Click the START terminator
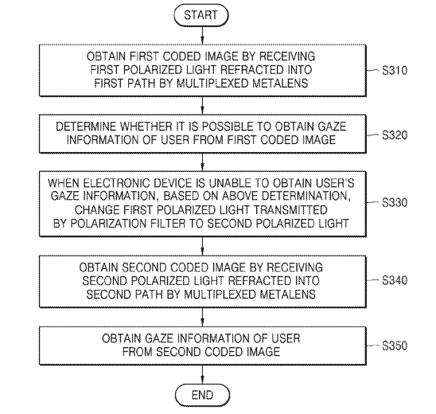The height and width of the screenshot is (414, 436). pos(201,15)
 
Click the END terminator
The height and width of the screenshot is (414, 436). pos(202,395)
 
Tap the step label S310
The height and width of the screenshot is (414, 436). pos(395,70)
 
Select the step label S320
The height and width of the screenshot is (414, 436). pos(395,135)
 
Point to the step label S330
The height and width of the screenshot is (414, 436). pos(395,202)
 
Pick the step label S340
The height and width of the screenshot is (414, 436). pos(395,280)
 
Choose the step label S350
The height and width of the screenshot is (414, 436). pos(395,346)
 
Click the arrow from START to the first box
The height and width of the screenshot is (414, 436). pos(202,35)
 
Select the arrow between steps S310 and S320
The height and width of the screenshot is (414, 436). pos(202,105)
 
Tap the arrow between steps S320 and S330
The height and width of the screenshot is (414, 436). pos(202,162)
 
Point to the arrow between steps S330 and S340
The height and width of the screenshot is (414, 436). pos(202,246)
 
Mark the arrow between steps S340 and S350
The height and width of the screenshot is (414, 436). pos(202,317)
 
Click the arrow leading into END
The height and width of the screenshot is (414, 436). pos(202,374)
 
